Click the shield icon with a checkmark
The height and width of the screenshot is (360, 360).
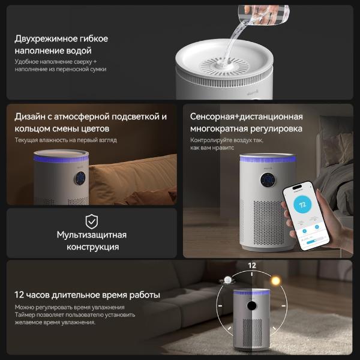tap(92, 221)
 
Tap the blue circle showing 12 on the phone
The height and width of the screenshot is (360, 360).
tap(302, 205)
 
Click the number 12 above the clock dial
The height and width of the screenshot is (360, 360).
tap(252, 266)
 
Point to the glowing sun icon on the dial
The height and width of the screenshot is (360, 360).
tap(276, 281)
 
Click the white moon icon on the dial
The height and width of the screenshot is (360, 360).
tap(228, 280)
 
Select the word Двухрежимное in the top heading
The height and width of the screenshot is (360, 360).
tap(46, 39)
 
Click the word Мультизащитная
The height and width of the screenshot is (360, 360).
tap(92, 235)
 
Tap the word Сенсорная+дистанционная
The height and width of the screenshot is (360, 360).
tap(247, 116)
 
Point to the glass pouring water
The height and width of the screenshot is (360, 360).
tap(264, 14)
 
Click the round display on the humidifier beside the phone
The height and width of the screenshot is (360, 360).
tap(268, 180)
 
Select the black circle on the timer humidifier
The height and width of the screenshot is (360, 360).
tap(251, 305)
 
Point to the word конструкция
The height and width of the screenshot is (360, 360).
tap(93, 247)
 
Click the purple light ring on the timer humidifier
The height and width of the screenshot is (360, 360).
tap(251, 293)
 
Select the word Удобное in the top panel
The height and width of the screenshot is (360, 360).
tap(26, 62)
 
